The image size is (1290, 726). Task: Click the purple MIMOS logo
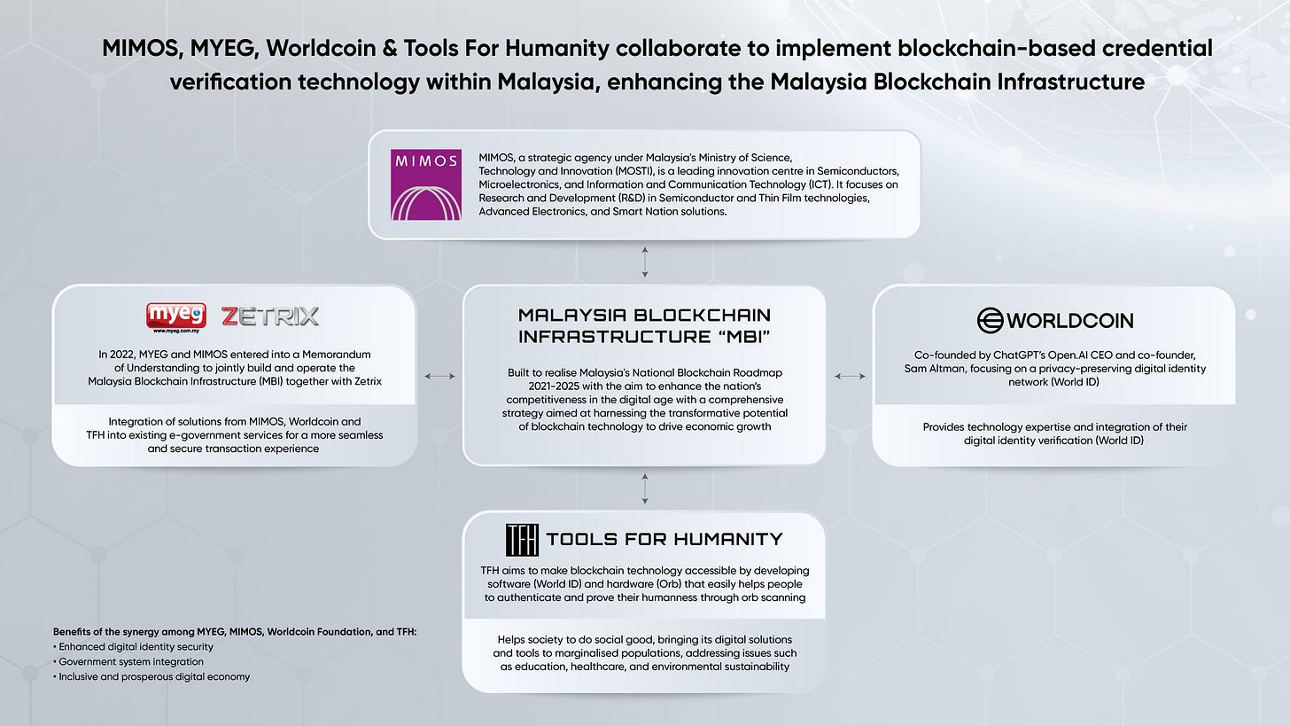tap(425, 184)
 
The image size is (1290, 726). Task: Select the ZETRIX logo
tap(269, 316)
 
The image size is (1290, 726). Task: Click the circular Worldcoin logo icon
tap(990, 320)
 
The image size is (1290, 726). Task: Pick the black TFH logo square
tap(521, 539)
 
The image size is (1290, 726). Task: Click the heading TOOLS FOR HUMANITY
tap(664, 539)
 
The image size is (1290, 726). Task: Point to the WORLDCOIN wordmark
tap(1069, 320)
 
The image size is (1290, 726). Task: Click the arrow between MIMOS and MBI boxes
tap(644, 262)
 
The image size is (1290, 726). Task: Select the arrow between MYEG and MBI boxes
tap(439, 377)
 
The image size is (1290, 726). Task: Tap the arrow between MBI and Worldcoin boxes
tap(850, 377)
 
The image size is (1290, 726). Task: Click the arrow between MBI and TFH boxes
tap(644, 488)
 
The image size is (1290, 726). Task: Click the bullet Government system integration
tap(129, 661)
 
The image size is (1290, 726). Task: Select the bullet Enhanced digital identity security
tap(136, 646)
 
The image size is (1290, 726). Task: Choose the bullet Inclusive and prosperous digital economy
tap(152, 676)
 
